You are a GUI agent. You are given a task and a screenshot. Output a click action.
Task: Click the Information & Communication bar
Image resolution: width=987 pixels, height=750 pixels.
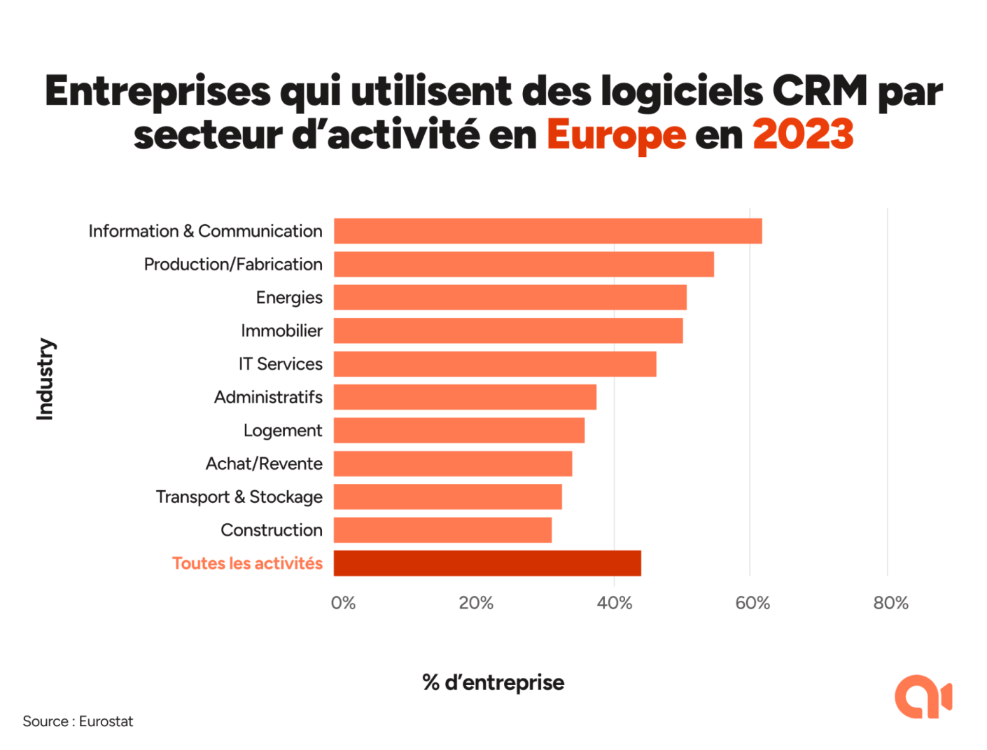547,231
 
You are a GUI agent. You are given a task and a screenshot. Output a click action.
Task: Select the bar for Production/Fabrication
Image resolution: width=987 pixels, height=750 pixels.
524,265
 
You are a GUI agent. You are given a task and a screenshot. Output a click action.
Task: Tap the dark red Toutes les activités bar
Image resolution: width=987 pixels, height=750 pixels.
487,564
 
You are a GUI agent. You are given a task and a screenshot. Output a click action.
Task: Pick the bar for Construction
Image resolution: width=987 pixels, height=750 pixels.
442,530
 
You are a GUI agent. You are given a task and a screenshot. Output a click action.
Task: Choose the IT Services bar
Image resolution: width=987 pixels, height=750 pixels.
495,364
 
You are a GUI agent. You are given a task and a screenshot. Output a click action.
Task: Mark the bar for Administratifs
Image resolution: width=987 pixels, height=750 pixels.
465,397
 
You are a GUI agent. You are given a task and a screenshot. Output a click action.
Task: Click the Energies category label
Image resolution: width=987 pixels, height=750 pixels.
289,298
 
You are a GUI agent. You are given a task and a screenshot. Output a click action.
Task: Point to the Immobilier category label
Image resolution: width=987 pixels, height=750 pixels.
281,331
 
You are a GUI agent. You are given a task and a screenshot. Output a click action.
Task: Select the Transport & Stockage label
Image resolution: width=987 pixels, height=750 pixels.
239,497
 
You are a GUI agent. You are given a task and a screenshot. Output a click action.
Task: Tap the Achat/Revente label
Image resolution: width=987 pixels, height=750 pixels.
264,464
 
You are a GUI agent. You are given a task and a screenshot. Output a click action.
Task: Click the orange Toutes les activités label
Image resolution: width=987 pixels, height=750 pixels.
247,564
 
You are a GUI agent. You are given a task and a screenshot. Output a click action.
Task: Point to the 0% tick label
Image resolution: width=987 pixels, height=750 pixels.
343,603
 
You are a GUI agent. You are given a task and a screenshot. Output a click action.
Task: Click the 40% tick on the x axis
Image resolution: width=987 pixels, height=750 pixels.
615,603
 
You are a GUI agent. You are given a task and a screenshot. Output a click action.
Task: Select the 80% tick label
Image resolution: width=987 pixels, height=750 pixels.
890,603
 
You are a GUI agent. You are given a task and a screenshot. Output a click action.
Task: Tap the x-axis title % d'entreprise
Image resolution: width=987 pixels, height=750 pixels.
493,683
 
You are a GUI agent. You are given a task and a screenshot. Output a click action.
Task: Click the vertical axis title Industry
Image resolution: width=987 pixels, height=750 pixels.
45,380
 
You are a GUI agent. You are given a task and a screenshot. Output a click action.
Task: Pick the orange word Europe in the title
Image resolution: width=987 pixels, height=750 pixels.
616,134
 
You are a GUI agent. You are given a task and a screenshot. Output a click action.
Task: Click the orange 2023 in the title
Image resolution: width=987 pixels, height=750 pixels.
803,134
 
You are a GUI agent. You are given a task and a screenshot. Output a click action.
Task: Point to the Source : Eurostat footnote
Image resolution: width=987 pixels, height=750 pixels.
78,721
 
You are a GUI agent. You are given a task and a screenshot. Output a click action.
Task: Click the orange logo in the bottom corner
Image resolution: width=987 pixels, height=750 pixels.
923,697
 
